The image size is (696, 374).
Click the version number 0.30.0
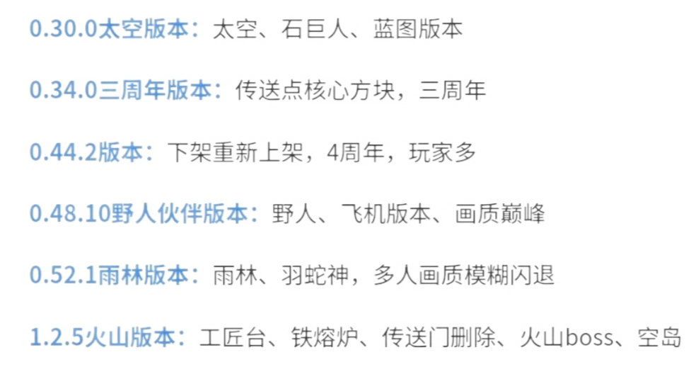coord(63,29)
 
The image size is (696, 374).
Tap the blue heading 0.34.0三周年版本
coord(120,90)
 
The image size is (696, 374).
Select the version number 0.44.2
coord(63,152)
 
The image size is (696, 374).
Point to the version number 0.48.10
coord(70,213)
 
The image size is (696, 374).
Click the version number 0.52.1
coord(63,275)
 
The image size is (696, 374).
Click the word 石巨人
coord(315,29)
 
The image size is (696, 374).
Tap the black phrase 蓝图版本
coord(418,29)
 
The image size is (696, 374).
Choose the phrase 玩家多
coord(442,152)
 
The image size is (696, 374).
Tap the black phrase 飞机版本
coord(386,213)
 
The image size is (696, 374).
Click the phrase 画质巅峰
coord(500,213)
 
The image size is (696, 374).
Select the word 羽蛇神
coord(315,275)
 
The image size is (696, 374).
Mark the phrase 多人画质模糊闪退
coord(464,275)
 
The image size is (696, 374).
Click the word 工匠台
coord(233,337)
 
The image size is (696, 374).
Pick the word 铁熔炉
coord(325,337)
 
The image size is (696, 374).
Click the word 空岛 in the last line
coord(659,337)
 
